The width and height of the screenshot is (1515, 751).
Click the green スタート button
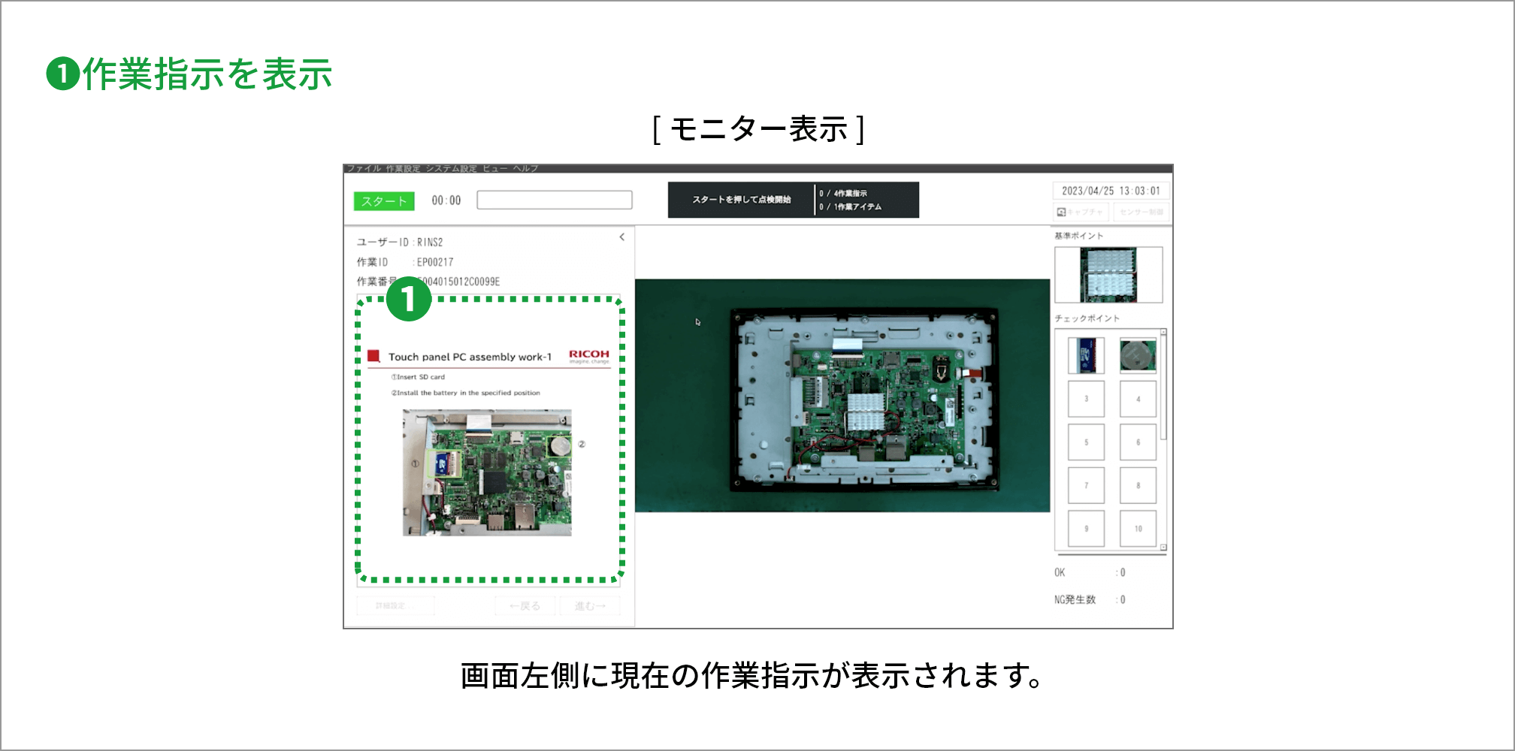click(x=383, y=201)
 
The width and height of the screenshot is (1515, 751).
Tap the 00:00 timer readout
click(x=446, y=201)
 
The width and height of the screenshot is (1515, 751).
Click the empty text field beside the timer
click(x=554, y=200)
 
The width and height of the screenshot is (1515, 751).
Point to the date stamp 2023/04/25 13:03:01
click(x=1110, y=191)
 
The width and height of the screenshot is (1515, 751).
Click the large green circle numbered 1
click(x=408, y=299)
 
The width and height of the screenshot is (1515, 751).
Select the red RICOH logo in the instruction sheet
click(x=588, y=354)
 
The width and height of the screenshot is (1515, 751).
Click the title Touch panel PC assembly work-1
click(x=470, y=357)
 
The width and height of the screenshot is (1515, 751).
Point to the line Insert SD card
click(x=419, y=377)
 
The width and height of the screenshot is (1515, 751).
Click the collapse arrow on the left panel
click(x=621, y=237)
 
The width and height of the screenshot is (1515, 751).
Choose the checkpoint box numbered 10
click(x=1138, y=529)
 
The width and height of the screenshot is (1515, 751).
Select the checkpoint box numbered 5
click(x=1086, y=442)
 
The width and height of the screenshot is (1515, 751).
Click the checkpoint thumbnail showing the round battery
click(x=1138, y=355)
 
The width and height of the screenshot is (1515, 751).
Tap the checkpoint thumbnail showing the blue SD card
click(x=1086, y=355)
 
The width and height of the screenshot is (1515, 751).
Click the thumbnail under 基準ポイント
click(x=1108, y=275)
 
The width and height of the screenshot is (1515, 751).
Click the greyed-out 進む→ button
click(x=590, y=606)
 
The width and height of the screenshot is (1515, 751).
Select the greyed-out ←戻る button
click(x=525, y=606)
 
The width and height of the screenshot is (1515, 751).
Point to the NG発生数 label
click(x=1075, y=599)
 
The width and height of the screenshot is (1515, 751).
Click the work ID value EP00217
click(x=435, y=262)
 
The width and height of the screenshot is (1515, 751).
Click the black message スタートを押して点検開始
click(x=741, y=200)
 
